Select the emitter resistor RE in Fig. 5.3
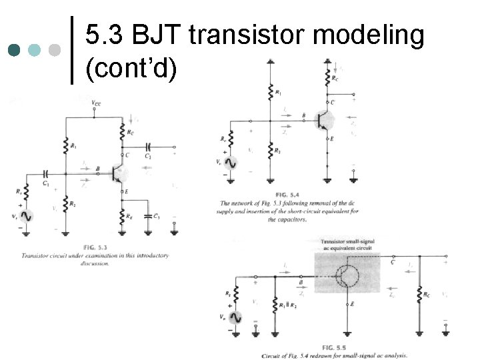click(x=123, y=216)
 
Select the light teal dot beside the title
click(x=35, y=49)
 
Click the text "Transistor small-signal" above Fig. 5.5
click(x=347, y=241)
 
